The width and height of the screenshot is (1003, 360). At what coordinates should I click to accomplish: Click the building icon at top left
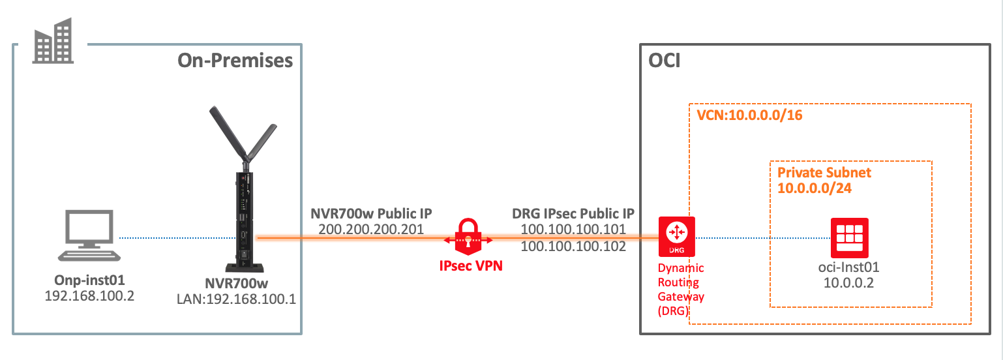pyautogui.click(x=53, y=41)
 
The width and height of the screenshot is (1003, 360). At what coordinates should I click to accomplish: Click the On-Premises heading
pyautogui.click(x=235, y=61)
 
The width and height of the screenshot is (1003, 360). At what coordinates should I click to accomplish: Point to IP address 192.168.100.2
pyautogui.click(x=89, y=295)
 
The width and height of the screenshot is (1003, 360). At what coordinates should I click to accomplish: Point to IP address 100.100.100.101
pyautogui.click(x=573, y=230)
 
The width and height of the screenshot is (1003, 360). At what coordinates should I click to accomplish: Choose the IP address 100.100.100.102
pyautogui.click(x=573, y=247)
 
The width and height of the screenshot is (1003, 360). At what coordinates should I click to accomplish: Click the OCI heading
pyautogui.click(x=665, y=61)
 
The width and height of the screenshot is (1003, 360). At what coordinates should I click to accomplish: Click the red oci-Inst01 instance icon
pyautogui.click(x=849, y=237)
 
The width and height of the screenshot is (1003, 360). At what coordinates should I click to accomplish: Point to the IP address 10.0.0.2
pyautogui.click(x=849, y=284)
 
